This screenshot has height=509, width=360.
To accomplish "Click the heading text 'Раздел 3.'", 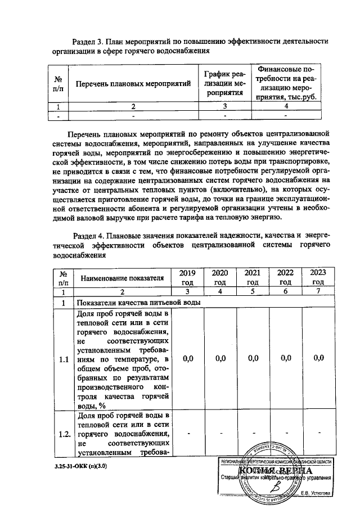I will pos(92,41).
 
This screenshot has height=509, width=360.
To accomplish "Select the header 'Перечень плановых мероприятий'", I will pos(133,84).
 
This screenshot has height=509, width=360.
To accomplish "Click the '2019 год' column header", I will pos(187,277).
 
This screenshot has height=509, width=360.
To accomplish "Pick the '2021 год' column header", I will pos(253,277).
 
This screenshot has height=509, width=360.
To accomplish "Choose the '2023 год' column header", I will pos(318,277).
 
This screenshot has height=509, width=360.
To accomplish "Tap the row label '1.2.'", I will pos(64,433).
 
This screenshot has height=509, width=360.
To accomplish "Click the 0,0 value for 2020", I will pos(220,358).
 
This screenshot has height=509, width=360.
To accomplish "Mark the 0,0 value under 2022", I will pos(285,358).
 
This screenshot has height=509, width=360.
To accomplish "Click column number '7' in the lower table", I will pos(318,291).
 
